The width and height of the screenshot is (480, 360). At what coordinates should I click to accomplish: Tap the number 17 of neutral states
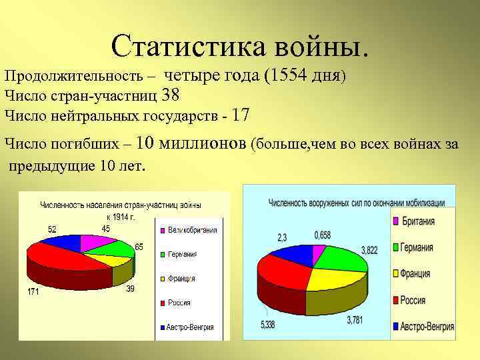pyautogui.click(x=241, y=115)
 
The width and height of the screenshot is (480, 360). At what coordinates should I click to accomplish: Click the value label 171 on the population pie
pyautogui.click(x=32, y=292)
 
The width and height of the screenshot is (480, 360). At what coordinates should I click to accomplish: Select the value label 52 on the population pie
pyautogui.click(x=52, y=229)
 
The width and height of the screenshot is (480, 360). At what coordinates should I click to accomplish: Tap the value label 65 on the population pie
pyautogui.click(x=139, y=247)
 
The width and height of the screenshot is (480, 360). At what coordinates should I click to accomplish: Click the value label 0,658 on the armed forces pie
pyautogui.click(x=323, y=235)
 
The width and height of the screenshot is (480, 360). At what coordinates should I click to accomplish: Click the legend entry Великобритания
pyautogui.click(x=192, y=231)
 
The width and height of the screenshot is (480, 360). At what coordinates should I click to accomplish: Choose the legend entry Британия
pyautogui.click(x=418, y=221)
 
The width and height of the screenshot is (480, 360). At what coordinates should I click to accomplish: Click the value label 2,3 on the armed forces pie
pyautogui.click(x=282, y=237)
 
